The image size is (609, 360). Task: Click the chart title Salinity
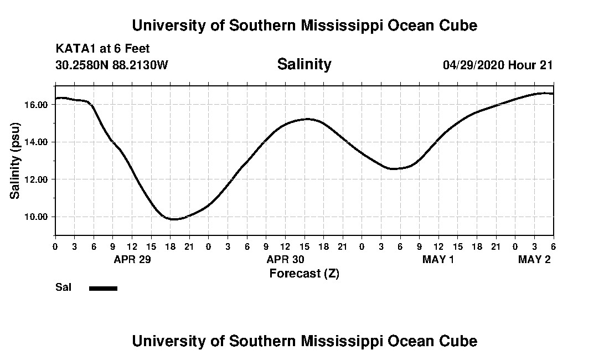(x=304, y=64)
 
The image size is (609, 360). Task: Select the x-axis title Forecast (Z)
(x=304, y=273)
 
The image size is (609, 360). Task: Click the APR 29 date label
(x=132, y=260)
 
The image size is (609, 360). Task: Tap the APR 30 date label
(x=286, y=260)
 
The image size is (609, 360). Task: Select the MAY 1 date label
(x=438, y=260)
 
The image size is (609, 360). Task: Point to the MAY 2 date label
(x=534, y=260)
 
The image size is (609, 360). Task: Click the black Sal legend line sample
(x=103, y=288)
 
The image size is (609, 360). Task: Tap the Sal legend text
(x=63, y=287)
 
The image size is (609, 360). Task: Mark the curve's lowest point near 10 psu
(x=173, y=219)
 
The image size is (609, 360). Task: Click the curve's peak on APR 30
(x=307, y=119)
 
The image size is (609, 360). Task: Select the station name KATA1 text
(x=75, y=49)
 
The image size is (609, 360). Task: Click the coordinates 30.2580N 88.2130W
(x=112, y=65)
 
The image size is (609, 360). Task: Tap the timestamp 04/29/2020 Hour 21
(x=498, y=65)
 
